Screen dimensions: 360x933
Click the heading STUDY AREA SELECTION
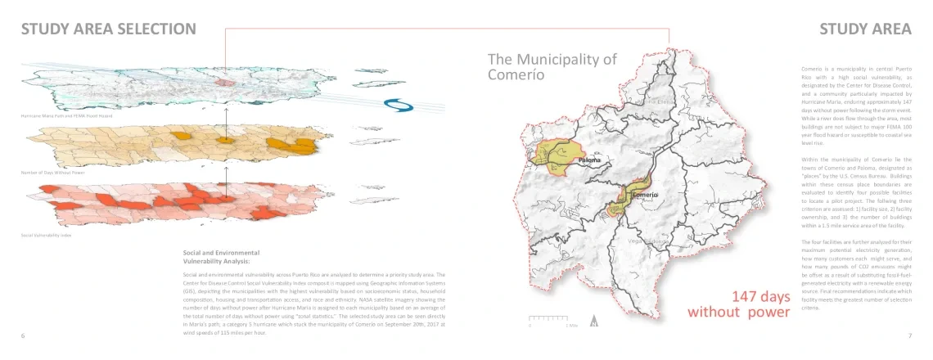coord(108,29)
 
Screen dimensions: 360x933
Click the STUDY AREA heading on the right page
coord(865,29)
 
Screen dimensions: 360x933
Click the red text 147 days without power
coord(739,304)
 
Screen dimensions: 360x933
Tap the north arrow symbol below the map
coord(594,321)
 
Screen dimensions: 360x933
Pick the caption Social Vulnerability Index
coord(45,235)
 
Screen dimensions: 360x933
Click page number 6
coord(23,335)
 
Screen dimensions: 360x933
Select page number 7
coord(909,335)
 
